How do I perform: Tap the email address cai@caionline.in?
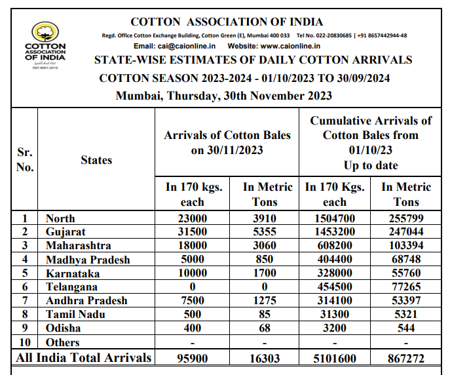190,46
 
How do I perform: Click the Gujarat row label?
66,232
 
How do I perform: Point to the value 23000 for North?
193,218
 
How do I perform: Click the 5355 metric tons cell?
265,232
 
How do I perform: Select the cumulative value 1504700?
335,218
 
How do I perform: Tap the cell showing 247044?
406,232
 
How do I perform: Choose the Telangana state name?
71,287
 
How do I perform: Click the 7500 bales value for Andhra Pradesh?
193,301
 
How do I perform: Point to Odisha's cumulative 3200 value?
335,328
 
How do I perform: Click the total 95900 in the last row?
193,358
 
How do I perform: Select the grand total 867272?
406,358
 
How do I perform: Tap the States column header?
96,159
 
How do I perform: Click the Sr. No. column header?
24,159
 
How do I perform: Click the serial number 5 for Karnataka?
24,273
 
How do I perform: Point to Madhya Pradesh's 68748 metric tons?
406,260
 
